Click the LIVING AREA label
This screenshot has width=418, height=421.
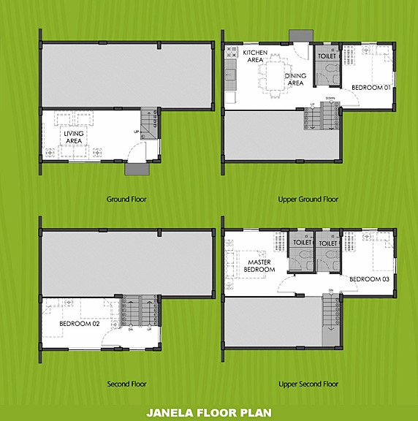(x=73, y=137)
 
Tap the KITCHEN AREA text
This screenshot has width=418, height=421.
(x=255, y=56)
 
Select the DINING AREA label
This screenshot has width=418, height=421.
(x=295, y=80)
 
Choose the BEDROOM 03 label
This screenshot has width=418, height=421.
(x=368, y=279)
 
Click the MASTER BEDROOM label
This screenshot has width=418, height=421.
(x=260, y=265)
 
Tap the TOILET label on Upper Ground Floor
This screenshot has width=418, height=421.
(x=327, y=56)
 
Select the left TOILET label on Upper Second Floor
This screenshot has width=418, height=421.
(x=302, y=242)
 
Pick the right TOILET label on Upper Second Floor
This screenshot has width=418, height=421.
(x=327, y=242)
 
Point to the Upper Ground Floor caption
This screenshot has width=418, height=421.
(x=308, y=199)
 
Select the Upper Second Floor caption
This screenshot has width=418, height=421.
(x=308, y=384)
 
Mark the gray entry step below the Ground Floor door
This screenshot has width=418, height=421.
(x=137, y=169)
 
